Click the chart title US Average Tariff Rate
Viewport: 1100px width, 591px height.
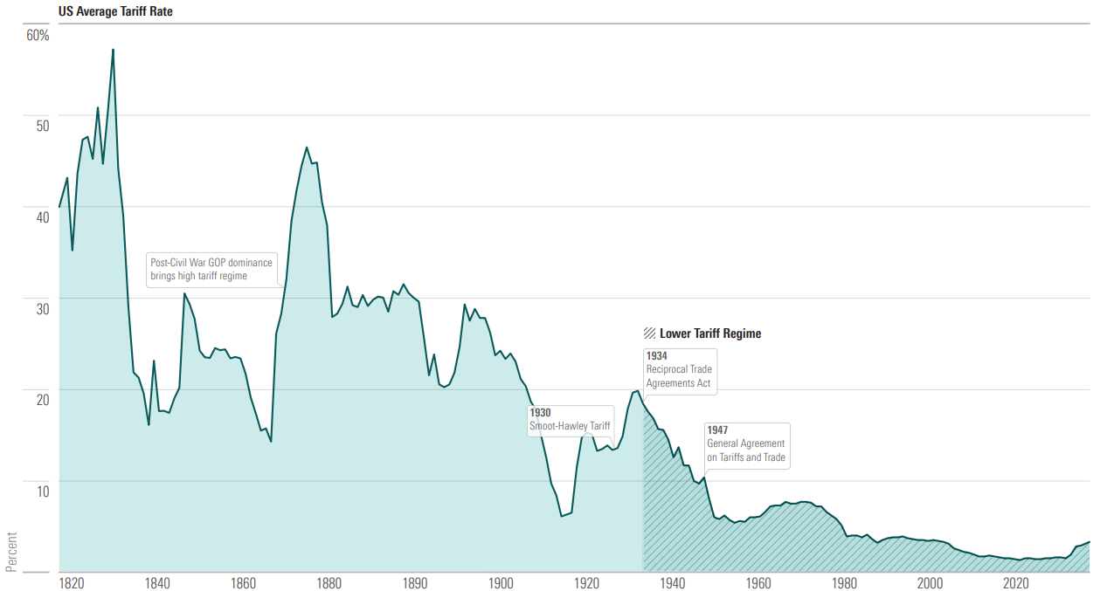pos(115,12)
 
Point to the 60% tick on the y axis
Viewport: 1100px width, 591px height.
pos(38,36)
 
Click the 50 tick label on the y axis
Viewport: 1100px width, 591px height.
pos(42,127)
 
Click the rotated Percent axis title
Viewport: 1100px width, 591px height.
pos(11,551)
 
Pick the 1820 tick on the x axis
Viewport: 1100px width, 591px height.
pos(72,583)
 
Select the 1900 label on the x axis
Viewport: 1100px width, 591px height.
pos(501,583)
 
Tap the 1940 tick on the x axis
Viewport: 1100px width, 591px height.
pos(672,583)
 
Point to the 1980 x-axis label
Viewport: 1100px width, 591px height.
pos(843,583)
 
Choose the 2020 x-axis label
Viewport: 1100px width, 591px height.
pos(1015,583)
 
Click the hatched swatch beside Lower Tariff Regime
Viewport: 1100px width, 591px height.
pos(649,333)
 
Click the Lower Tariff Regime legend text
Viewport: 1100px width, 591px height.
pos(710,333)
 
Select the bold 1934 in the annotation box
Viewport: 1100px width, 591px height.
pos(657,356)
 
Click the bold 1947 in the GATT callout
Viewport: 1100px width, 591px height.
pos(717,430)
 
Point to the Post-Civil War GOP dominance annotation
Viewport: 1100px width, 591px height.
pos(211,269)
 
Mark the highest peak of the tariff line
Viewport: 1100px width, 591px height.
pos(113,50)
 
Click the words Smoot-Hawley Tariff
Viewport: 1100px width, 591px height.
pos(570,426)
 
